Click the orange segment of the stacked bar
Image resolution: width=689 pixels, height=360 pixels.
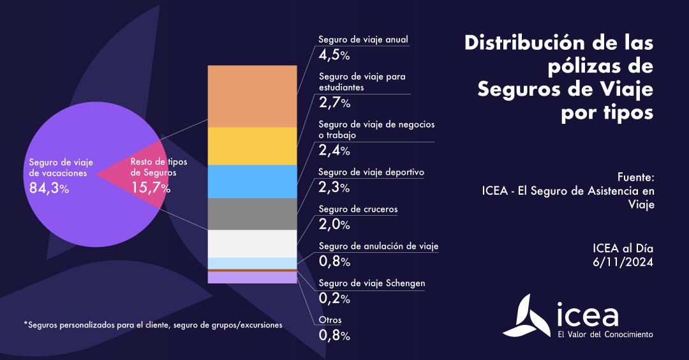click(x=252, y=96)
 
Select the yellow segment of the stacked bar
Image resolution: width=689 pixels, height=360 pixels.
click(x=252, y=146)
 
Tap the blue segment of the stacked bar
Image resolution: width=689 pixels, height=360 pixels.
click(x=252, y=181)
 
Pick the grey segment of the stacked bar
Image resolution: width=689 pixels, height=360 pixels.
click(x=252, y=214)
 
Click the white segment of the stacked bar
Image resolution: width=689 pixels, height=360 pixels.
click(x=252, y=243)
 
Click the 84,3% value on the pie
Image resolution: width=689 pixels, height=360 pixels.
click(x=49, y=188)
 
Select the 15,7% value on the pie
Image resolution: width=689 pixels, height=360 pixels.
click(x=150, y=188)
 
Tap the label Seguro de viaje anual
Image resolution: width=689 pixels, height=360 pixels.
click(x=363, y=40)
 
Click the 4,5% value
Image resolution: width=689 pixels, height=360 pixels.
click(x=334, y=55)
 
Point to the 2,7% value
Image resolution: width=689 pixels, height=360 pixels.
click(x=334, y=103)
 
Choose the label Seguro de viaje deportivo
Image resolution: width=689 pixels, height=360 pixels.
click(x=371, y=172)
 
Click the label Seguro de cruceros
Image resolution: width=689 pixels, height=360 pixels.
click(x=357, y=209)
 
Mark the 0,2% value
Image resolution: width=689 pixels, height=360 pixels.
click(x=334, y=299)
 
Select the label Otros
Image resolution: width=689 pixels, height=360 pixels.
click(x=330, y=320)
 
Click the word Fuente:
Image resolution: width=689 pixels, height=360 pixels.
click(x=636, y=176)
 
